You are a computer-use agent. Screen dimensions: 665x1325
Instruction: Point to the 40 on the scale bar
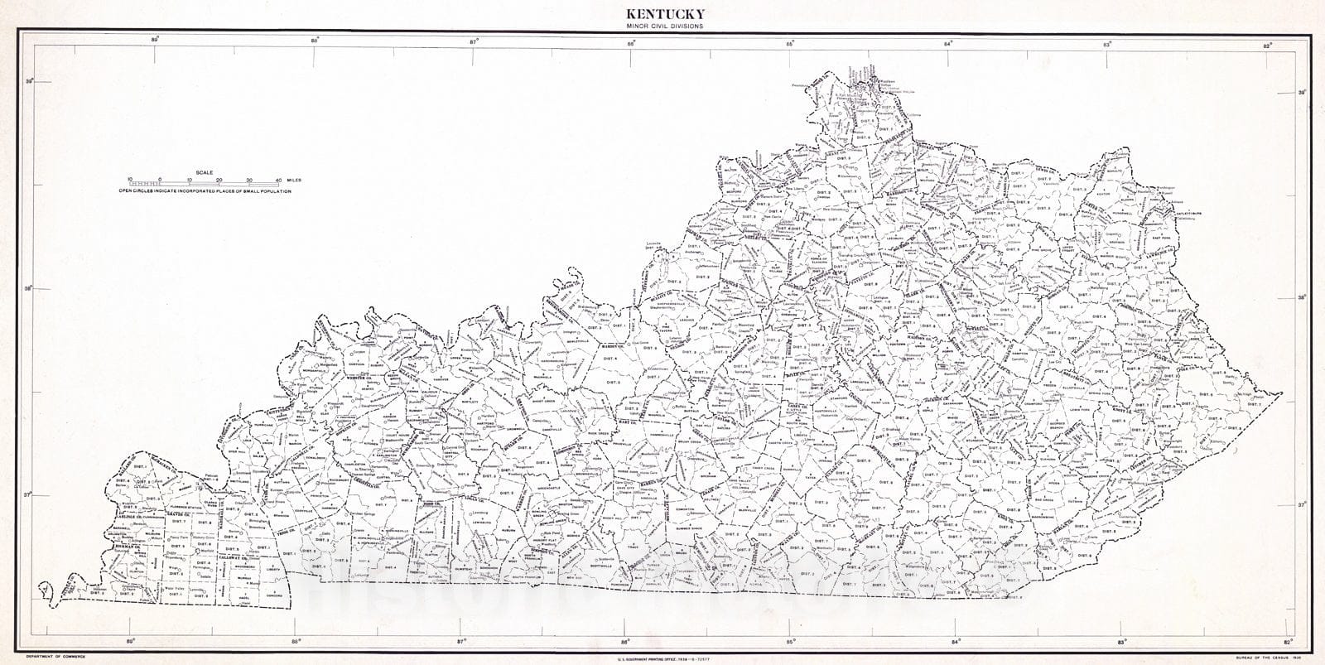[x=277, y=180]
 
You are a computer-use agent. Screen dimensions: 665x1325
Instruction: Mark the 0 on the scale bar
[x=160, y=180]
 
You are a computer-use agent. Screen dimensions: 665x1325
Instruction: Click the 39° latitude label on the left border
[x=29, y=81]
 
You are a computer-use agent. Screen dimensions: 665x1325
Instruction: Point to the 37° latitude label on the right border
[x=1299, y=504]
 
